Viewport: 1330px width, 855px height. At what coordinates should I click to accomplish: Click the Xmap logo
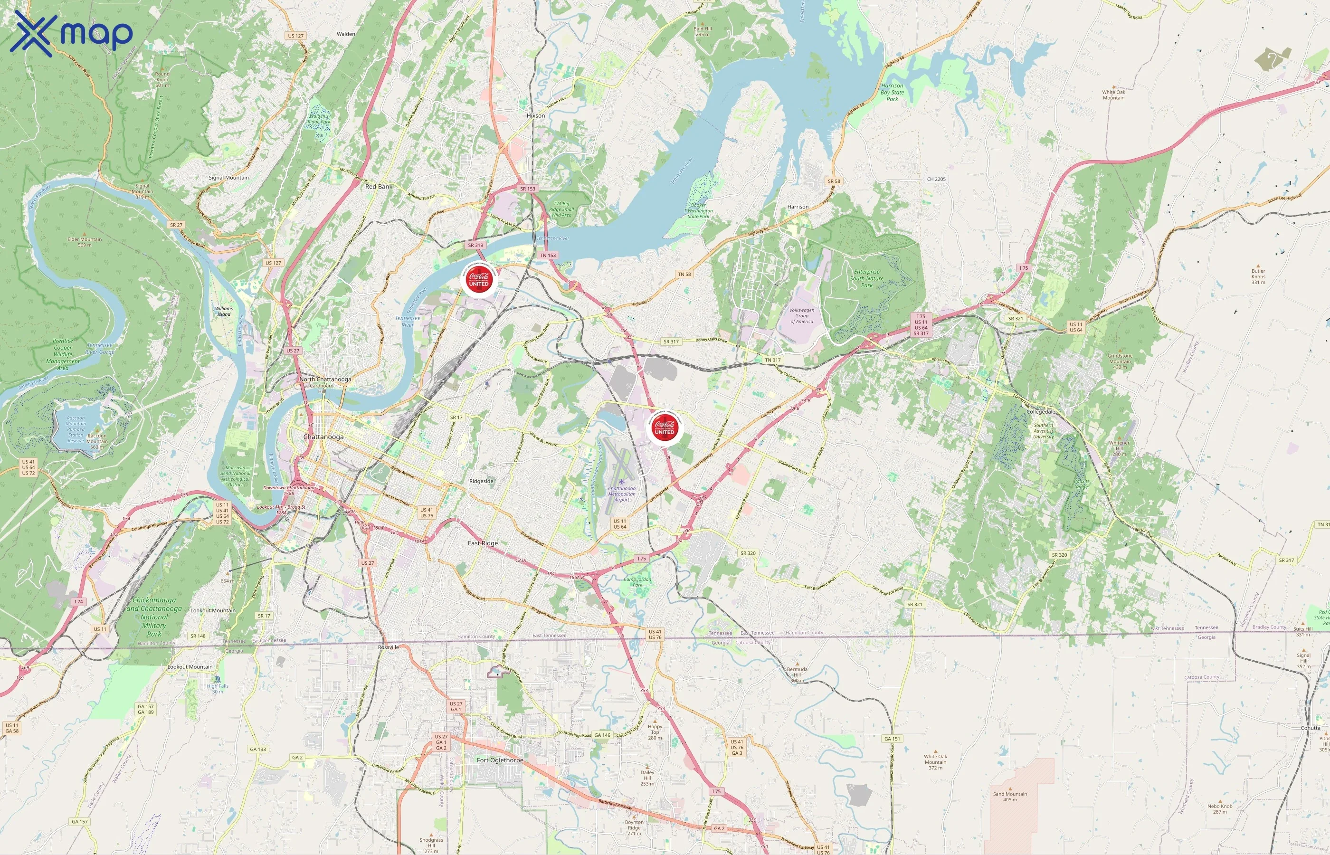click(71, 33)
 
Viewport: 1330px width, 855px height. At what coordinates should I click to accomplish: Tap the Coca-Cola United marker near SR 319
click(478, 279)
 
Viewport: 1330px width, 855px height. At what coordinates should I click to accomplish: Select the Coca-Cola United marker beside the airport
click(665, 427)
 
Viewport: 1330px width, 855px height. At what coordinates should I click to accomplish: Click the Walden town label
click(346, 34)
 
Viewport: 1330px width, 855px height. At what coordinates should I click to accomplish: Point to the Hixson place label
click(536, 115)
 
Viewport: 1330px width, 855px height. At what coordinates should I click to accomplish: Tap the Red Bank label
click(379, 187)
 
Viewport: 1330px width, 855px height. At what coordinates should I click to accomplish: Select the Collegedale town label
click(1041, 411)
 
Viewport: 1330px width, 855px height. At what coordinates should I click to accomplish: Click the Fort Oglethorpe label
click(500, 760)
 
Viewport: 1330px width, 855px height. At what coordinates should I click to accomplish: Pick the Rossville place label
click(388, 647)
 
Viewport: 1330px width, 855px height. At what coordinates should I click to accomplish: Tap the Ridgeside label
click(481, 481)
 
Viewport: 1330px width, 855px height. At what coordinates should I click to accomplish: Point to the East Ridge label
click(483, 543)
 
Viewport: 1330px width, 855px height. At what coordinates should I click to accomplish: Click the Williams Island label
click(224, 311)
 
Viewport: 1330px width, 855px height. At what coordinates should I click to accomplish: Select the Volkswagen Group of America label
click(801, 315)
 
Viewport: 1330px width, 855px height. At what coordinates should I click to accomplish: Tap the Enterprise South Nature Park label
click(866, 278)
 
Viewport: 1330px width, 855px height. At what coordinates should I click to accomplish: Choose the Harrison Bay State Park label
click(892, 92)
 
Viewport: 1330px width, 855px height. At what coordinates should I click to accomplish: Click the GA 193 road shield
click(257, 749)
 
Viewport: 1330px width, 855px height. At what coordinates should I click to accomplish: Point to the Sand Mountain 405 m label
click(1010, 797)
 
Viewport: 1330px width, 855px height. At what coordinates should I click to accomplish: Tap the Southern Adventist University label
click(1043, 431)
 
